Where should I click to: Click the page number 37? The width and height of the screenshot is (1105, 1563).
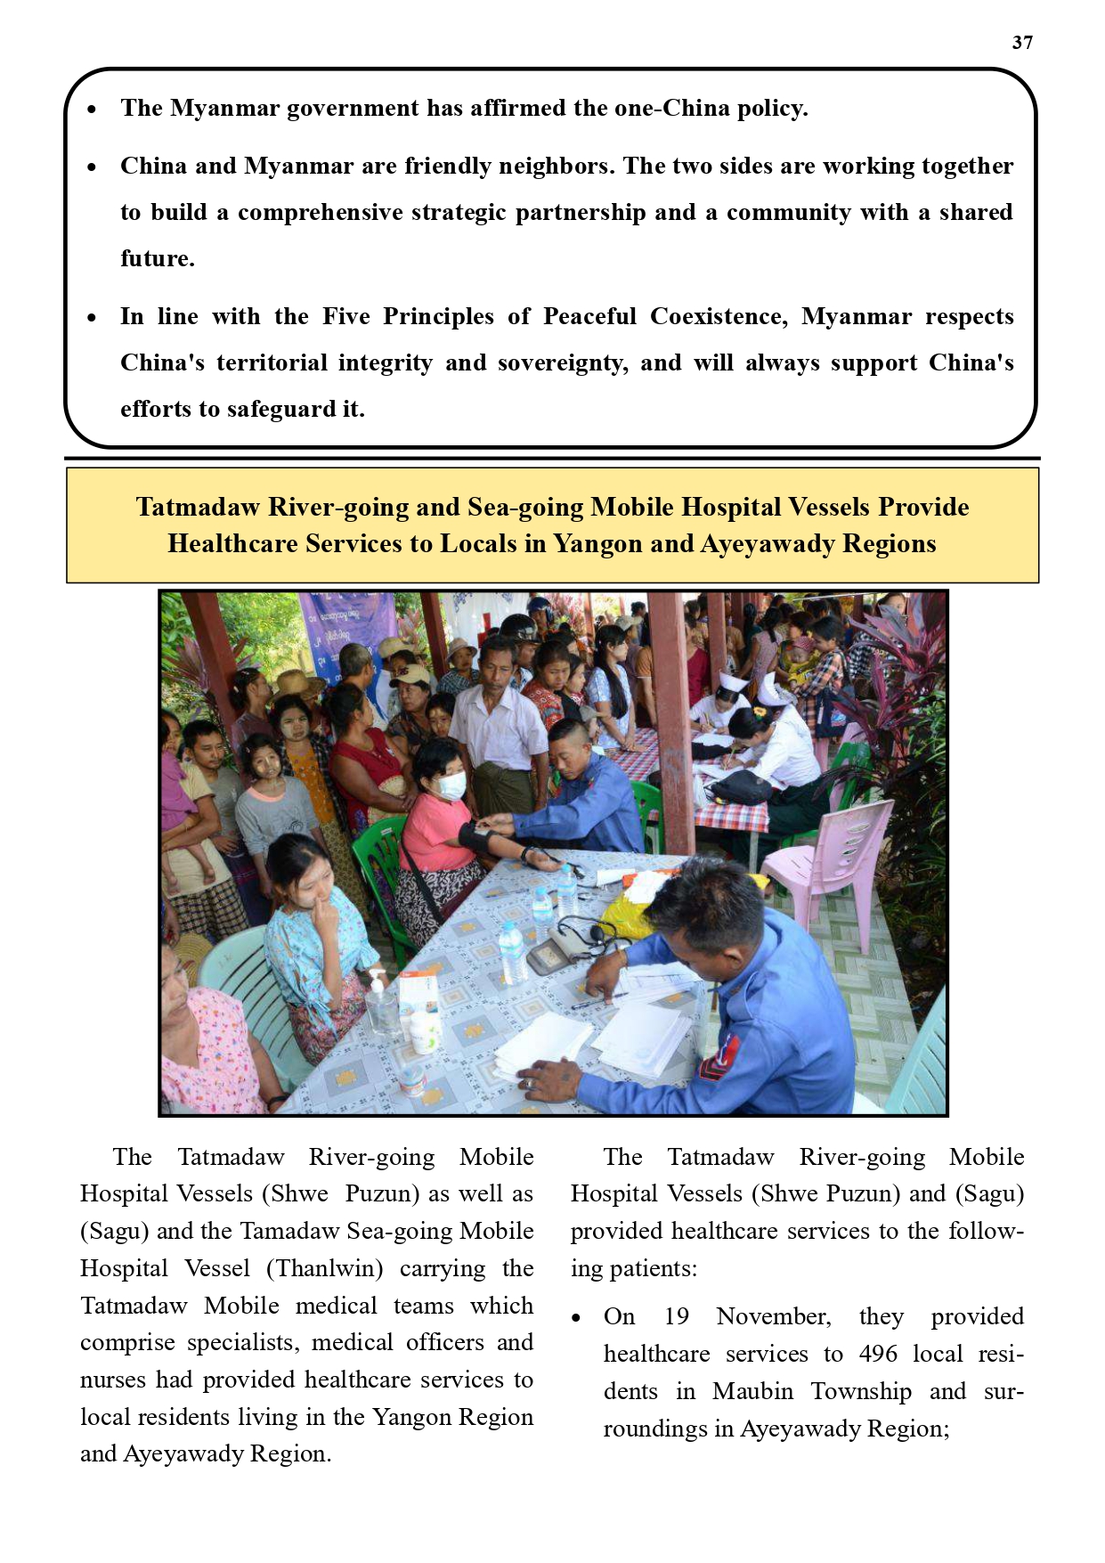(1022, 43)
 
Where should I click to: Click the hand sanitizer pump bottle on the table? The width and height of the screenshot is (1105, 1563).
(380, 1002)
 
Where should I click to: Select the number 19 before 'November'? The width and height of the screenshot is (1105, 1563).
(676, 1316)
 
